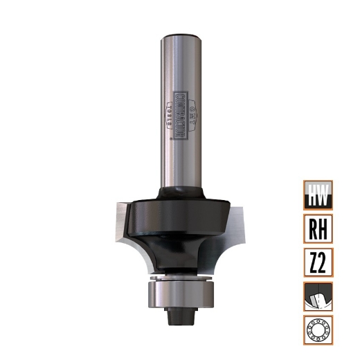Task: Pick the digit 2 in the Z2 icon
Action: tap(325, 262)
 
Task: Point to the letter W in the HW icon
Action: tap(325, 195)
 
